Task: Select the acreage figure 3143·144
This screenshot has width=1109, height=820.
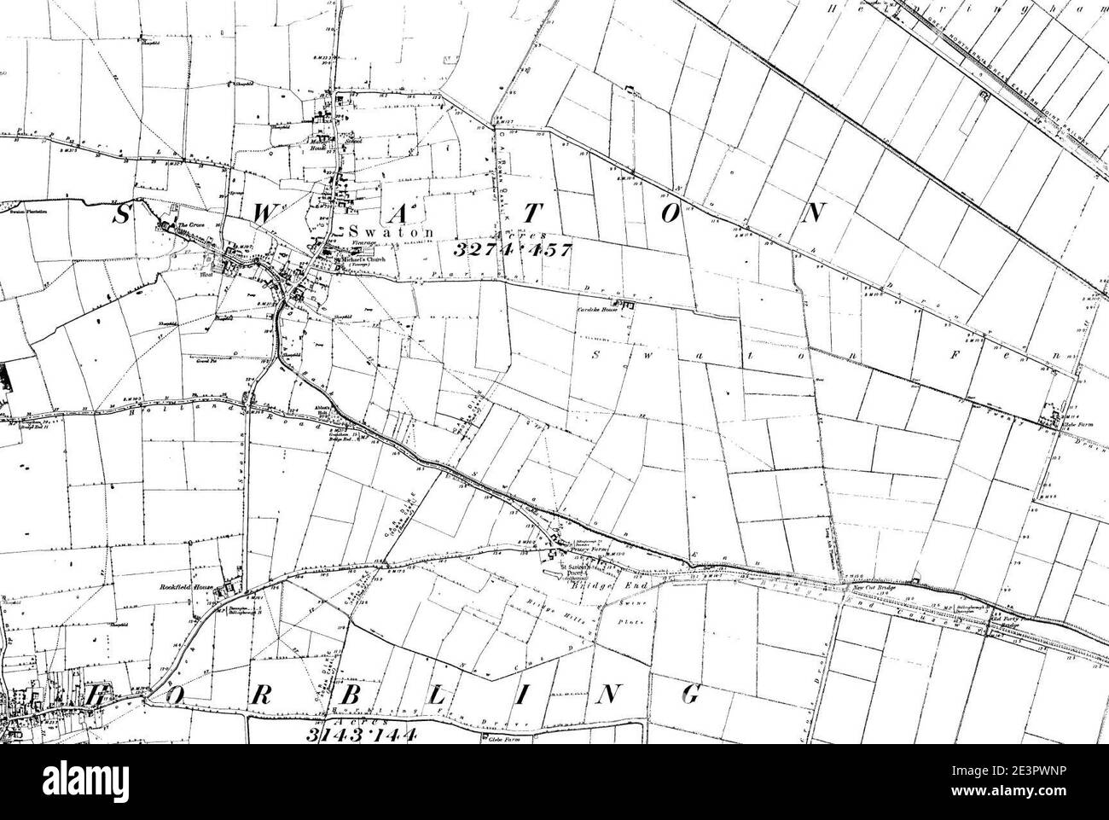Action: click(x=360, y=735)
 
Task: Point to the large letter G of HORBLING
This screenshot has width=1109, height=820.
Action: click(x=691, y=695)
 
